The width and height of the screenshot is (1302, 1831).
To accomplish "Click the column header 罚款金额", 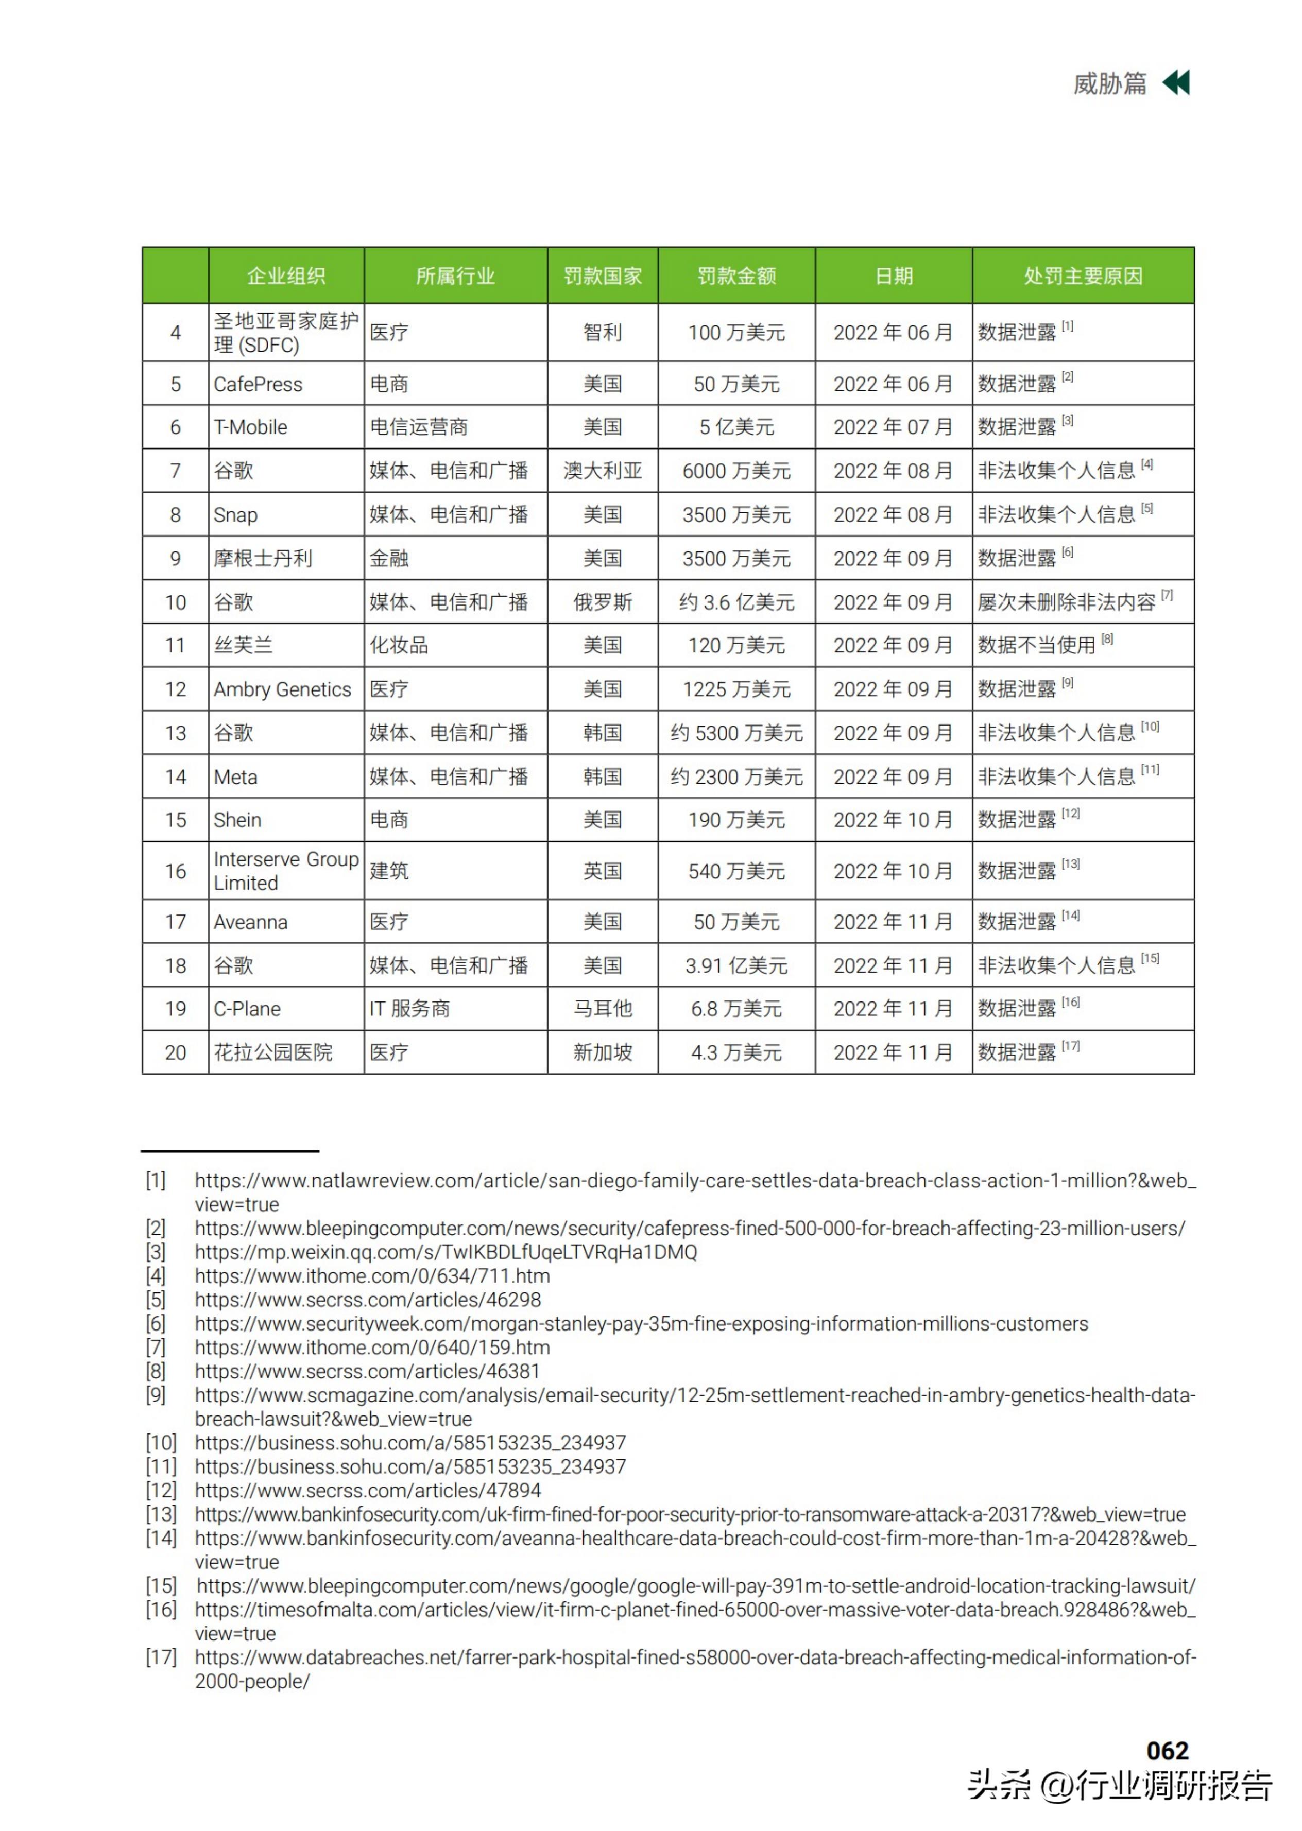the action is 736,275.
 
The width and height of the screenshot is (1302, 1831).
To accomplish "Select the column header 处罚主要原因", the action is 1082,275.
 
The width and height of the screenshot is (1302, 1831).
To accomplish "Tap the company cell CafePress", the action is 258,384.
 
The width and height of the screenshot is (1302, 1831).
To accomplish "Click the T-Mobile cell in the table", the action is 250,427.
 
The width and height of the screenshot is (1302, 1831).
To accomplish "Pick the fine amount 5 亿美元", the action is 736,427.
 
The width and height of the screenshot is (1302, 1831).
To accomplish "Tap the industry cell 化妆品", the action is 399,645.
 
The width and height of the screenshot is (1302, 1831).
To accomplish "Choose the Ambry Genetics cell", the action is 282,689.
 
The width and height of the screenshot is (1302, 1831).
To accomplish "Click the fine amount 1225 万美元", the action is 736,689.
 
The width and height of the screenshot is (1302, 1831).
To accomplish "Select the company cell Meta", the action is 236,776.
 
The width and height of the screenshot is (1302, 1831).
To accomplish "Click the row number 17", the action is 176,922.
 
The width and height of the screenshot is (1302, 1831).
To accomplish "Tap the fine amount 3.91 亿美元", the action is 736,965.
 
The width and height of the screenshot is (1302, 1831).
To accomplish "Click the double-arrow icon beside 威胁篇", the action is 1176,82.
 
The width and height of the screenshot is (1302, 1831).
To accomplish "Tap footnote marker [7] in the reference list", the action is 156,1348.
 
